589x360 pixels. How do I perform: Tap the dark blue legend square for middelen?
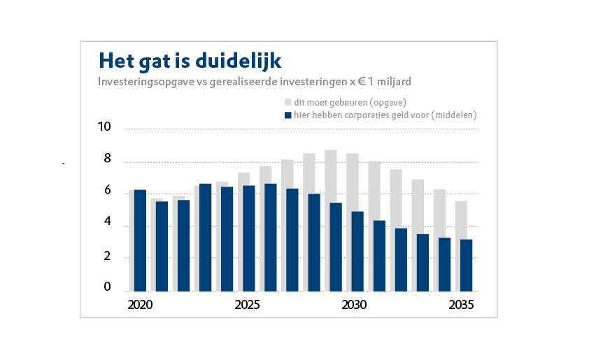click(287, 115)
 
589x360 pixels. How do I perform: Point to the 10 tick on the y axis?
click(104, 127)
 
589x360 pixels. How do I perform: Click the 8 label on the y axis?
click(107, 159)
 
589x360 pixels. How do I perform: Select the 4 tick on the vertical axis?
click(107, 222)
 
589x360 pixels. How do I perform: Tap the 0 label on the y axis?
click(107, 287)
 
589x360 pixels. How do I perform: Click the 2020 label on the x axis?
click(140, 305)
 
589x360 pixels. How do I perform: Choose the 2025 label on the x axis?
click(247, 305)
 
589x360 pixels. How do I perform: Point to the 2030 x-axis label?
click(354, 305)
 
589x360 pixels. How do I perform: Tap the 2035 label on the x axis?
click(462, 305)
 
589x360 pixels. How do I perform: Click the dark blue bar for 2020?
click(140, 240)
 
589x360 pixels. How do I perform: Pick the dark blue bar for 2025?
click(248, 238)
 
